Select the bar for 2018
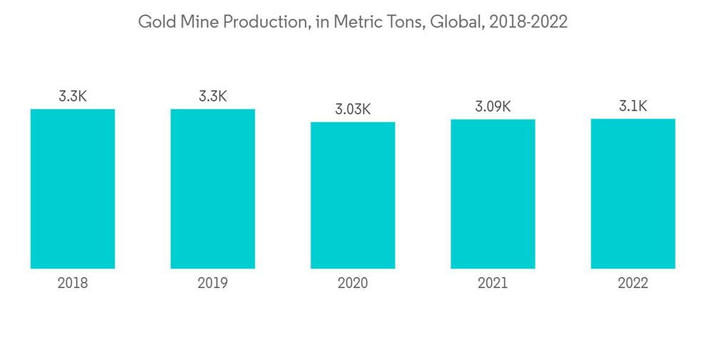click(x=73, y=189)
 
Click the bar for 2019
click(x=213, y=189)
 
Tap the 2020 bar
click(x=353, y=195)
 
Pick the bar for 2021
click(x=493, y=194)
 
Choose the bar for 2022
click(x=633, y=194)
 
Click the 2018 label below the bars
click(x=73, y=284)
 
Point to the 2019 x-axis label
click(x=213, y=284)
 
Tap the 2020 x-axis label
click(x=353, y=284)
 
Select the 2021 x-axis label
click(x=493, y=284)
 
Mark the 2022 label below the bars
click(x=633, y=284)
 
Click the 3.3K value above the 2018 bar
click(x=73, y=96)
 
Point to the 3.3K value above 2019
click(x=213, y=96)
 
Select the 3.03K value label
click(x=353, y=109)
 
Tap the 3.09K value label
click(x=493, y=107)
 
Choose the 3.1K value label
click(x=633, y=106)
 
